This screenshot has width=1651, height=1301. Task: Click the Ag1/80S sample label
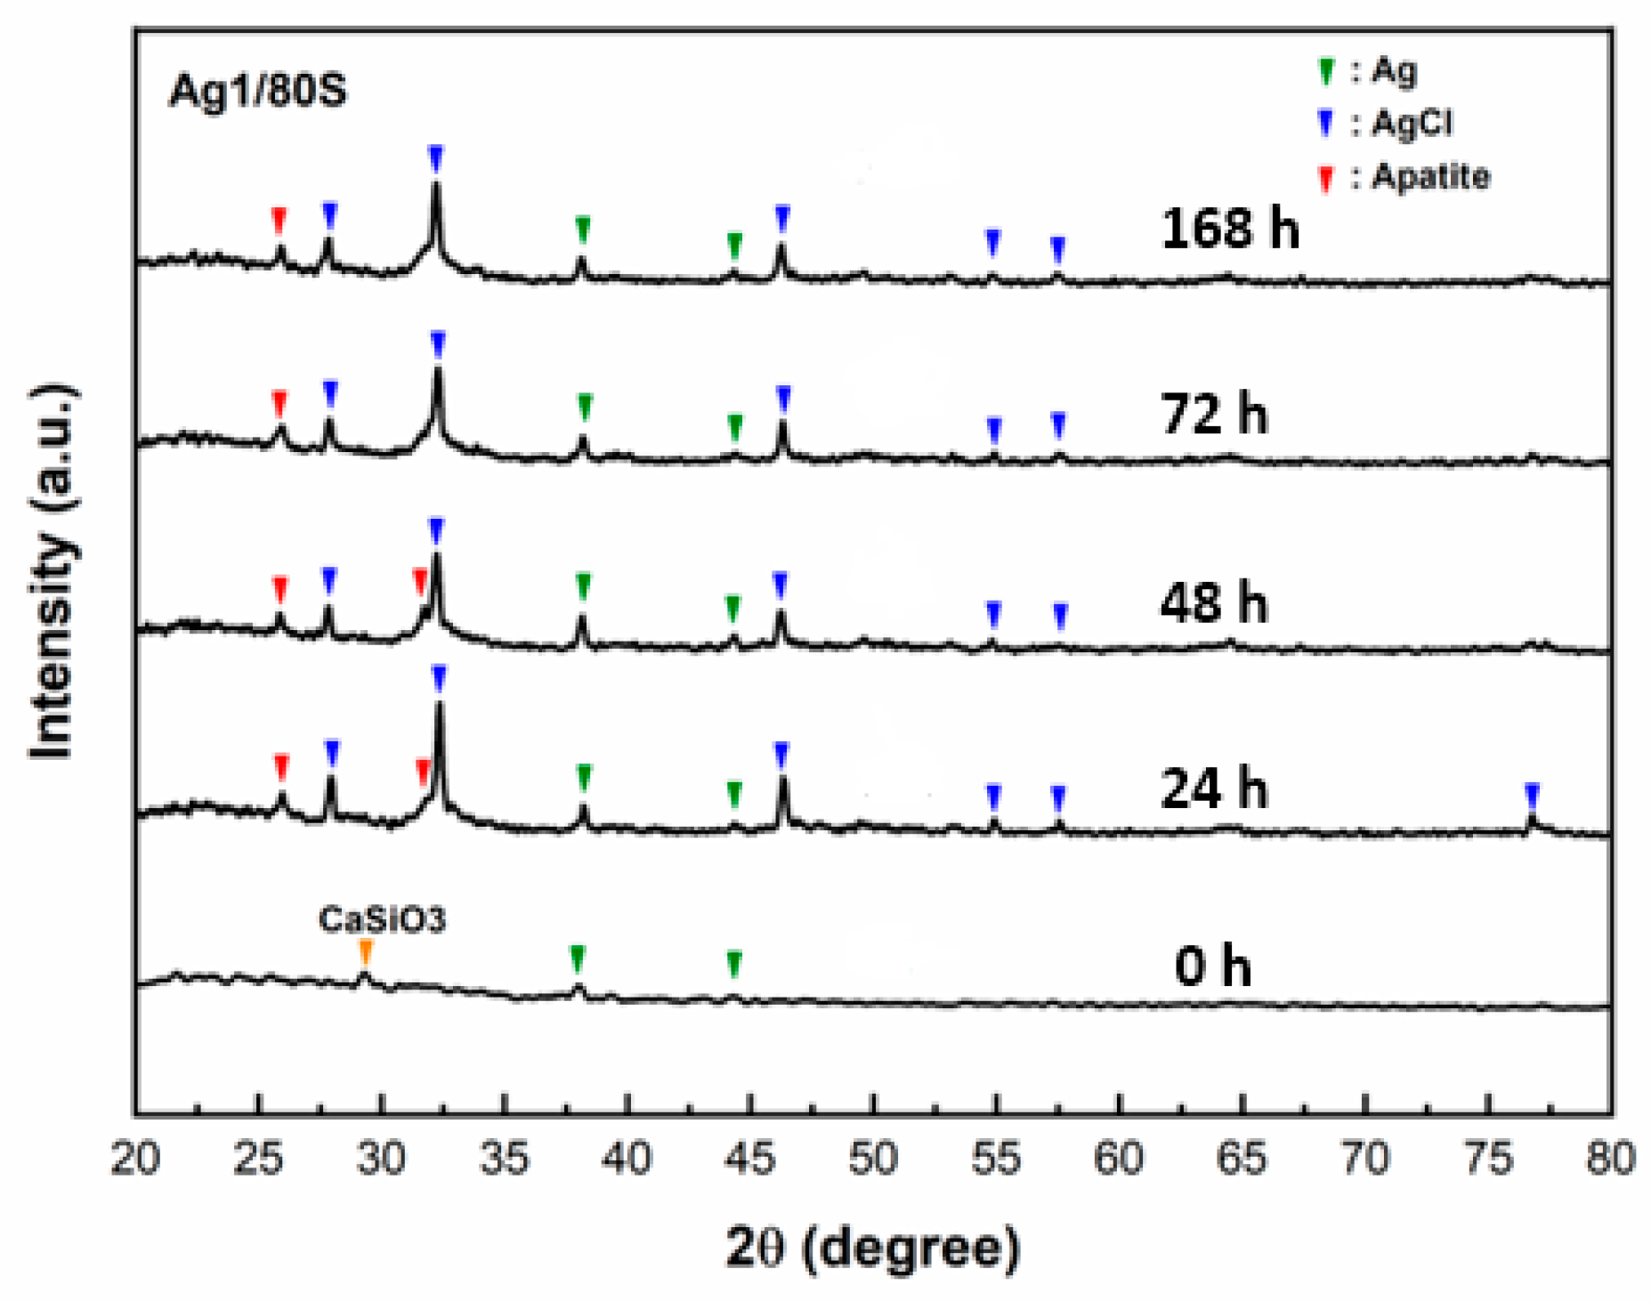257,91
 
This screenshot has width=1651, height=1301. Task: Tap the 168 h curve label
1229,228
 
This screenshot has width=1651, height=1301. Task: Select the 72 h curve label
1213,415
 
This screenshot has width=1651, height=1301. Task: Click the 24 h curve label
1213,789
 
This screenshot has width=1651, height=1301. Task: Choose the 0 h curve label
1212,966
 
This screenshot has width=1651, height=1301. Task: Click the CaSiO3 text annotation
382,918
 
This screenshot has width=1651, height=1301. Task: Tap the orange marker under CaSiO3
365,951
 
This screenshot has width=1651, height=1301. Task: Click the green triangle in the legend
1326,71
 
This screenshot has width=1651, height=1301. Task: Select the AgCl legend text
1412,123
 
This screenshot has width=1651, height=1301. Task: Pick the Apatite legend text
1430,176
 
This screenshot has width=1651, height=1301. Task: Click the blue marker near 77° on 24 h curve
1532,794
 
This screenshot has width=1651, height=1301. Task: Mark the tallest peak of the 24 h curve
439,705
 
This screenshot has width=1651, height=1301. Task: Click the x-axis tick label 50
873,1159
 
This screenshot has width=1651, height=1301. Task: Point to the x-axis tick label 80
1610,1159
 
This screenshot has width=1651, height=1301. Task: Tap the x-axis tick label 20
135,1159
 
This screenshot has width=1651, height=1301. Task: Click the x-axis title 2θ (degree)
873,1248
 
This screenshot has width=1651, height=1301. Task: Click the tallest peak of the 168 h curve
435,184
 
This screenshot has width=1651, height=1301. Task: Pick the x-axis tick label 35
505,1159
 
